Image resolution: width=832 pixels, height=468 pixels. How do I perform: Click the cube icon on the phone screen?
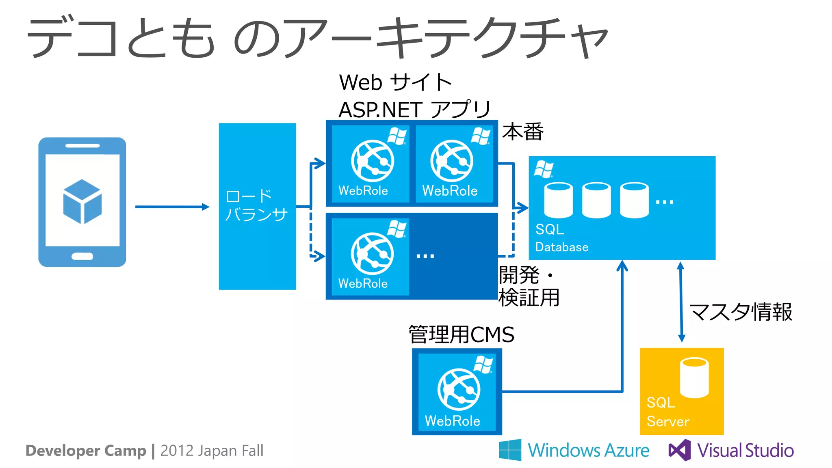82,201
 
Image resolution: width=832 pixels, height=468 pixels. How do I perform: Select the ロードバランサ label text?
256,205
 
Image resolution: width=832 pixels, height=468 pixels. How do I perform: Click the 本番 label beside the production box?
522,132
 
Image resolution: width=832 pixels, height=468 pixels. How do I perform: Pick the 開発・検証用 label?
529,287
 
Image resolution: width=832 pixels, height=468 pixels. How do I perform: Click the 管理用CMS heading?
461,334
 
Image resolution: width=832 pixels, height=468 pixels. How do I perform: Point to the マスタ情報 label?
741,312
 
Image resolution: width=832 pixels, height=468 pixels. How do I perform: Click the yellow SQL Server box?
681,391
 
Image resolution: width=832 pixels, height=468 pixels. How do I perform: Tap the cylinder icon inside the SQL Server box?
694,377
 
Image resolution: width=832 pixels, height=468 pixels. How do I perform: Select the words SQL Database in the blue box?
561,238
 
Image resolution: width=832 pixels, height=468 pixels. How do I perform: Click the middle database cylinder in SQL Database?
596,200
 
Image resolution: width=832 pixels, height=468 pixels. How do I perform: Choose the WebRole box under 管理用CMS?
457,391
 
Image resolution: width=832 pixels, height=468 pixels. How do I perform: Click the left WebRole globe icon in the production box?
372,161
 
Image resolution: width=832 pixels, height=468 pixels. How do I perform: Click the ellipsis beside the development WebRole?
425,256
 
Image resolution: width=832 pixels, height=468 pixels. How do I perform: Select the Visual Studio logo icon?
680,450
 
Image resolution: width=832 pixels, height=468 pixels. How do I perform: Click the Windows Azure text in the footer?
588,451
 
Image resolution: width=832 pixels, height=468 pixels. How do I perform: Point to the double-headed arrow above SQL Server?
681,302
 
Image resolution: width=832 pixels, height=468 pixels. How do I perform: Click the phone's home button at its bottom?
82,256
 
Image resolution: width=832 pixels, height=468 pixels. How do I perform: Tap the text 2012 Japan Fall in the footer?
212,451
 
